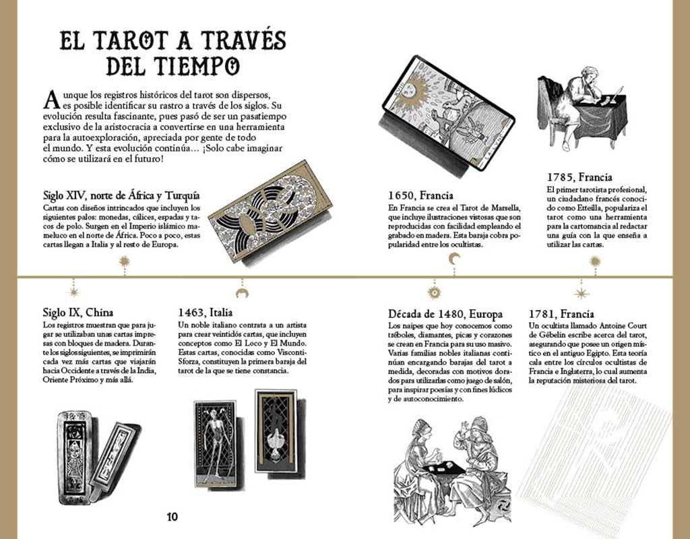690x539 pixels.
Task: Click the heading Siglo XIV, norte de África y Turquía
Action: [x=121, y=196]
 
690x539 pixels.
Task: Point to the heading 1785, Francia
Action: [x=579, y=177]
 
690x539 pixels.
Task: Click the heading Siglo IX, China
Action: [x=77, y=313]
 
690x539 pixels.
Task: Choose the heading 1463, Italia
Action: [x=205, y=313]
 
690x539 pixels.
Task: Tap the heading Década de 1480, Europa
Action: [x=445, y=314]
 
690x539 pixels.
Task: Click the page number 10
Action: [x=172, y=517]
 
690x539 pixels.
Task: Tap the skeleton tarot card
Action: [x=214, y=443]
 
